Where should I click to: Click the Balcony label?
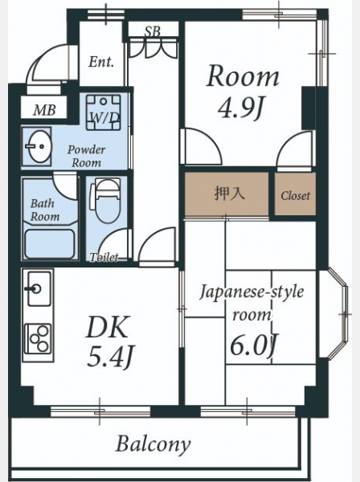tap(153, 445)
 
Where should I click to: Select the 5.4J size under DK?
tap(111, 357)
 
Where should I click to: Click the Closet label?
tap(295, 195)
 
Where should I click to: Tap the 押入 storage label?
tap(229, 194)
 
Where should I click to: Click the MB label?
tap(44, 110)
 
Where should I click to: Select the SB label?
tap(153, 31)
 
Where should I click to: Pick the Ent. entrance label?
tap(101, 62)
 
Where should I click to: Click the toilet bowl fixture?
tap(104, 200)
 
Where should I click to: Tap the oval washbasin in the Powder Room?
tap(38, 146)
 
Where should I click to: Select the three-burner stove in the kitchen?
tap(38, 339)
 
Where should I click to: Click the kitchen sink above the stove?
tap(39, 288)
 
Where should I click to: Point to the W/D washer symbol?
tap(104, 112)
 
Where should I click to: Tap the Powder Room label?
tap(87, 156)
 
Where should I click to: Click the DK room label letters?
tap(108, 327)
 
